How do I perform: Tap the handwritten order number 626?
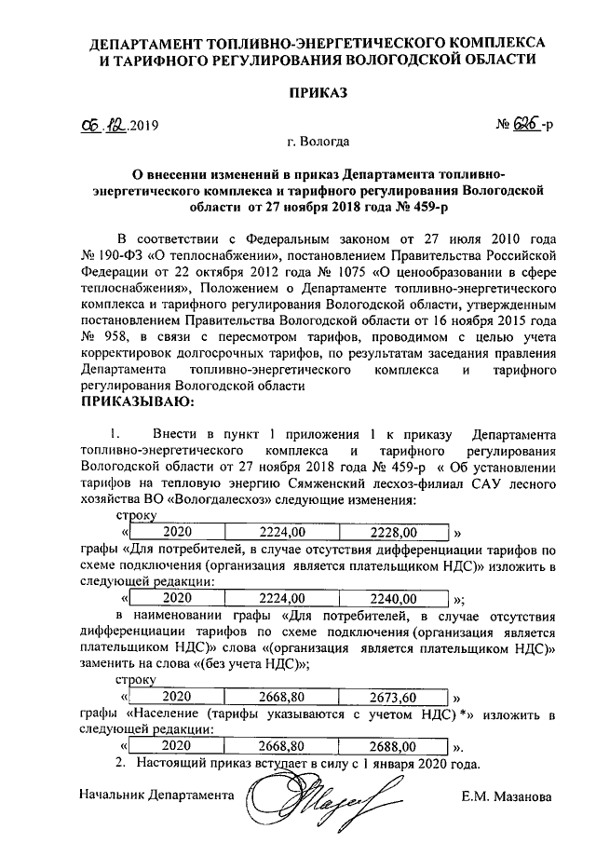pyautogui.click(x=525, y=125)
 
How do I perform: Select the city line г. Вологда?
pyautogui.click(x=319, y=142)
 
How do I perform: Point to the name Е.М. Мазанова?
pyautogui.click(x=507, y=797)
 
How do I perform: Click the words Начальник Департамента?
pyautogui.click(x=155, y=797)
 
